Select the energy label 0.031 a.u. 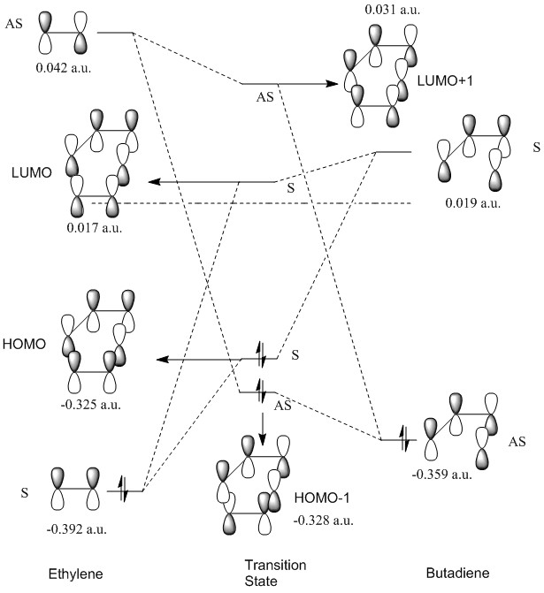click(x=387, y=10)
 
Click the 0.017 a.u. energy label click(x=94, y=229)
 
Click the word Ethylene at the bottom click(x=77, y=575)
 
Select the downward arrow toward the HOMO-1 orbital click(x=263, y=422)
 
